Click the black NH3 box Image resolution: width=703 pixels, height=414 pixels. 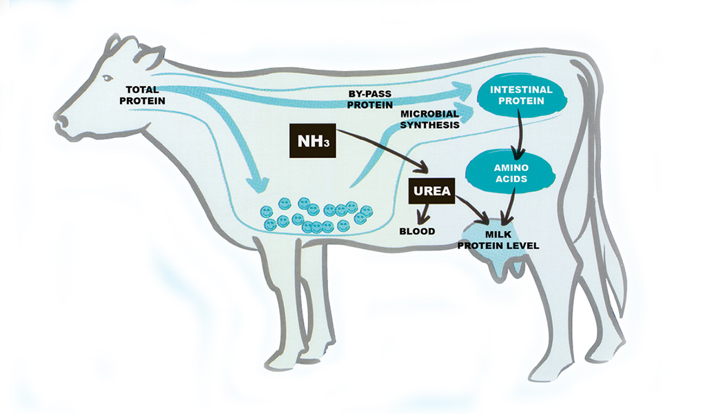312,141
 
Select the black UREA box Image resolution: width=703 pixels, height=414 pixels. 431,191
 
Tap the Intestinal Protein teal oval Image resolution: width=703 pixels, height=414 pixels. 522,96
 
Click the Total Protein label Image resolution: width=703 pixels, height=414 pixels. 142,95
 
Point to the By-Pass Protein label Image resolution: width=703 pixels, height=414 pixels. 370,99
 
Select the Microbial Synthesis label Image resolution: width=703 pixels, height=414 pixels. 429,119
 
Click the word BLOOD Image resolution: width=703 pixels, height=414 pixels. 418,231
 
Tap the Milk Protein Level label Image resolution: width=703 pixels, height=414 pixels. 498,240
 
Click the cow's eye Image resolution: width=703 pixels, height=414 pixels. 108,78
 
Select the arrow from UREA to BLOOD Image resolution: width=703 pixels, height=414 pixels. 424,214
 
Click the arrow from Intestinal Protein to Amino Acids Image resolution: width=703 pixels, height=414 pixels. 519,135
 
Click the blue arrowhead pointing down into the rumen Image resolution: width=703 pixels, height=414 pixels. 258,184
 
